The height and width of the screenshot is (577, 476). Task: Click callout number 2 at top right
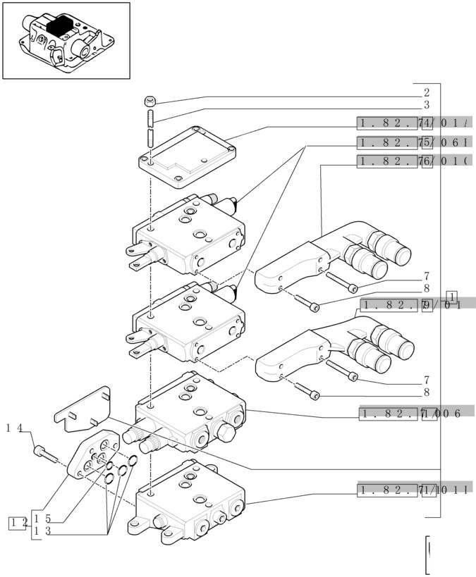click(427, 92)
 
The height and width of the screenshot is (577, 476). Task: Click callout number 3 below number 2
click(427, 105)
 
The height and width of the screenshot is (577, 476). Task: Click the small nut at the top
click(149, 99)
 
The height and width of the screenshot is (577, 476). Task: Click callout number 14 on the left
click(16, 429)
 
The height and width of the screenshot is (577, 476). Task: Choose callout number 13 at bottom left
click(42, 532)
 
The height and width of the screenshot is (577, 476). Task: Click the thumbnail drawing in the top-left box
click(66, 40)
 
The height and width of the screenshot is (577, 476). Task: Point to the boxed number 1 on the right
click(452, 296)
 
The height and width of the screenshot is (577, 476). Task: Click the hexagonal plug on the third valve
click(226, 431)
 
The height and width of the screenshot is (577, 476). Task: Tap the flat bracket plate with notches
click(84, 410)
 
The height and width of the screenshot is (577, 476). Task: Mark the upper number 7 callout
click(427, 276)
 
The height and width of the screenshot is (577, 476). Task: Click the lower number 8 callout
click(427, 392)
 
